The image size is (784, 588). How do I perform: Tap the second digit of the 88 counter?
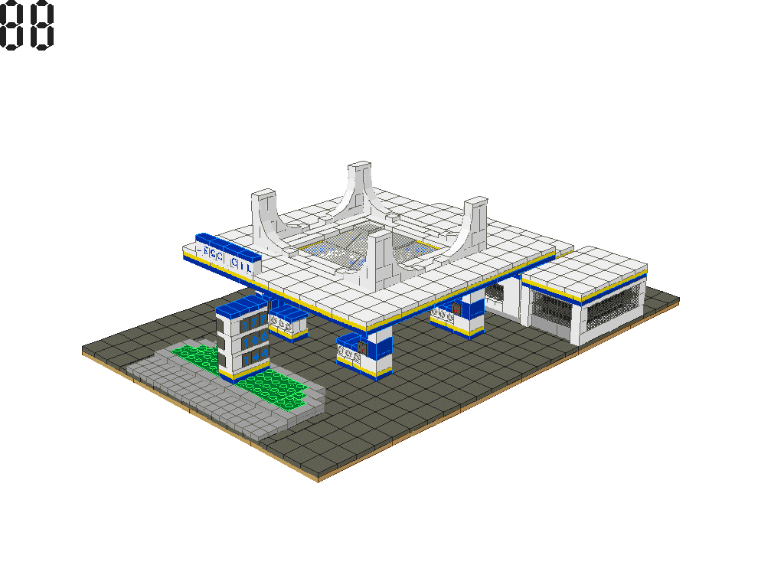coord(42,25)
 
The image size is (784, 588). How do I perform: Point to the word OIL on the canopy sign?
coord(243,265)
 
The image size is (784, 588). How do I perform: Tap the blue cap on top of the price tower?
coord(240,308)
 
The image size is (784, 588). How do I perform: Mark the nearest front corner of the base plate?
coord(318,479)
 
